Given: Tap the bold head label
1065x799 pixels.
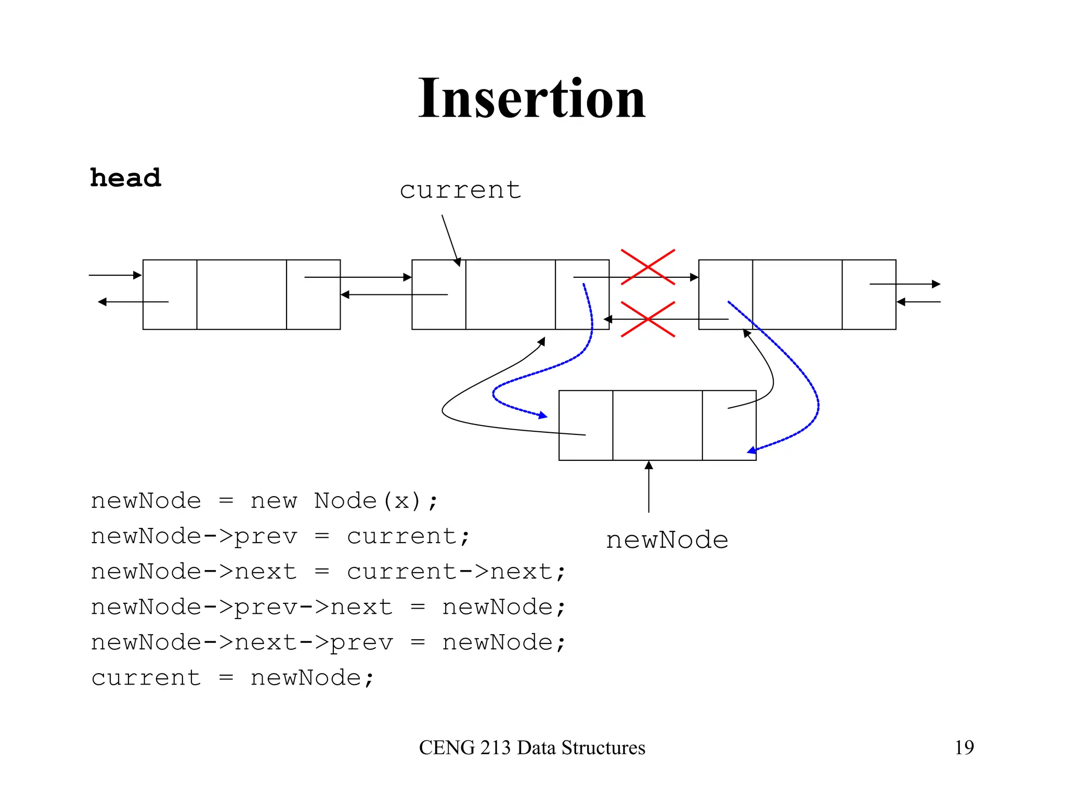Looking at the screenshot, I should [x=125, y=178].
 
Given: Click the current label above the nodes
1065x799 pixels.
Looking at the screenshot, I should [x=460, y=190].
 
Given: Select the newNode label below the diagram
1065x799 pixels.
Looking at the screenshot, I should [x=667, y=540].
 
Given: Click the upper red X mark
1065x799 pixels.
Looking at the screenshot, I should [x=647, y=267].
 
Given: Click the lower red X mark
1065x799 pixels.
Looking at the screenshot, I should [x=647, y=319].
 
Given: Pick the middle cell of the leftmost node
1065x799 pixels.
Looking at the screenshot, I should [x=241, y=294].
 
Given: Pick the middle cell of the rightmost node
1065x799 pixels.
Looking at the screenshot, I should [x=797, y=294].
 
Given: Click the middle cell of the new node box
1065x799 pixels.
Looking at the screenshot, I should [x=657, y=426].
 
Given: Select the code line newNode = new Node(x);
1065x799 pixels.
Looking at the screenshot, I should [x=264, y=501].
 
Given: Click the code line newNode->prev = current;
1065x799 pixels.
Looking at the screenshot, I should [x=280, y=537].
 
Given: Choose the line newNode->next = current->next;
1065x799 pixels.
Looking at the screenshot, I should [x=328, y=572].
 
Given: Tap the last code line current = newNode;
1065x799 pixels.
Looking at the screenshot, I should [x=232, y=678].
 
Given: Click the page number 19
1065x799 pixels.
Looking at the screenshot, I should [x=964, y=748].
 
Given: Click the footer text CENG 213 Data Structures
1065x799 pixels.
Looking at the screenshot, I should [x=531, y=748].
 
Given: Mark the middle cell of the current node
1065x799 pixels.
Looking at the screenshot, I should [x=510, y=294].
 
